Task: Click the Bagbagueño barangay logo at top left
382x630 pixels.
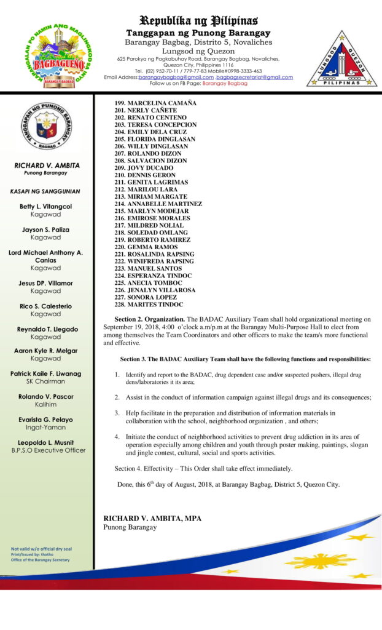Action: coord(57,53)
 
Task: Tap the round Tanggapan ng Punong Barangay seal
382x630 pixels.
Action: coord(47,126)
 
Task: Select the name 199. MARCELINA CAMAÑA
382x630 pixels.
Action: coord(153,103)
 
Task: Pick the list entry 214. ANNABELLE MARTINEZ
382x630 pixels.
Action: coord(158,204)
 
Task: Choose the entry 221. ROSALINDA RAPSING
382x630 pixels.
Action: coord(154,254)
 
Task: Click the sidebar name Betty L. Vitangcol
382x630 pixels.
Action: coord(46,207)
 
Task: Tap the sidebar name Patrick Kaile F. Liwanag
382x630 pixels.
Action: coord(46,373)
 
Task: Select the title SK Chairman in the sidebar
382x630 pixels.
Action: coord(46,381)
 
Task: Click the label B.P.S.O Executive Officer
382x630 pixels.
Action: coord(46,450)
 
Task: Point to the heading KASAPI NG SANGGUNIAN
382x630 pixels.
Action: coord(45,191)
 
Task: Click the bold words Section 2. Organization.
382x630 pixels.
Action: coord(150,319)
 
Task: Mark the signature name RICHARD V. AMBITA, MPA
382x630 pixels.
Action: coord(152,519)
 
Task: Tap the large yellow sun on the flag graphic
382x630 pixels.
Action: coord(321,560)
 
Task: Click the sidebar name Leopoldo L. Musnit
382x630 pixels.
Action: coord(46,442)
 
